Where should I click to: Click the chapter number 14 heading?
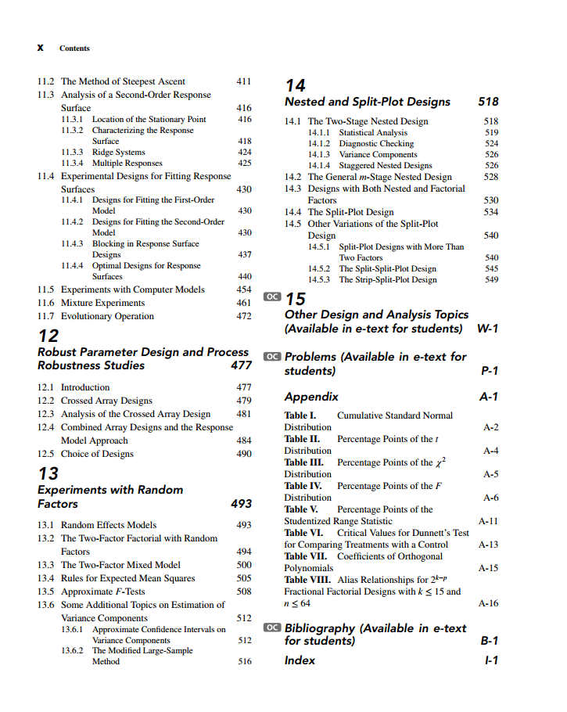click(296, 85)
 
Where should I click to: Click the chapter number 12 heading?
click(48, 336)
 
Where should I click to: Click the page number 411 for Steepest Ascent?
click(244, 81)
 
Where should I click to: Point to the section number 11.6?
click(46, 303)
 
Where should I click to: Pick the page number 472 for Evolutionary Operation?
click(244, 316)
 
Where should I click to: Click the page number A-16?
click(488, 603)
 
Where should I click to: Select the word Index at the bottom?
click(300, 660)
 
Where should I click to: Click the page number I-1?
click(490, 660)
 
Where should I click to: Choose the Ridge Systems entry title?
click(118, 152)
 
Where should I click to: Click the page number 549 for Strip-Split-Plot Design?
click(491, 279)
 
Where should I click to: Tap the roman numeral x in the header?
click(40, 48)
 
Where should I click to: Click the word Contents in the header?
click(74, 49)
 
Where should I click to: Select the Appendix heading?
click(311, 397)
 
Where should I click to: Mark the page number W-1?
click(487, 329)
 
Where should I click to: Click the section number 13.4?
click(46, 578)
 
